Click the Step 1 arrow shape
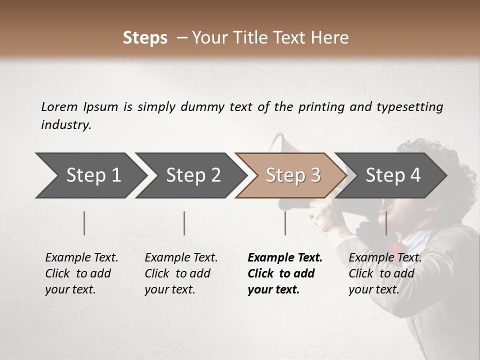pyautogui.click(x=90, y=175)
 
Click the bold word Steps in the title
pyautogui.click(x=145, y=37)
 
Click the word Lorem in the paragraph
pyautogui.click(x=59, y=106)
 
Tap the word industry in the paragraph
pyautogui.click(x=65, y=124)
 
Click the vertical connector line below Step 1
pyautogui.click(x=84, y=223)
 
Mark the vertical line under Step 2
pyautogui.click(x=184, y=223)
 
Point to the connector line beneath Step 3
pyautogui.click(x=285, y=223)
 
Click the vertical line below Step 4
pyautogui.click(x=386, y=223)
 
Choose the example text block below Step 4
pyautogui.click(x=385, y=273)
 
